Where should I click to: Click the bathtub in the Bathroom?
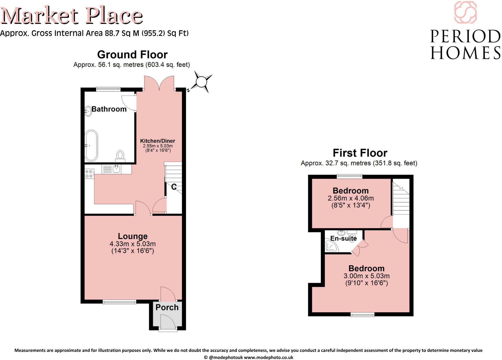coord(91,145)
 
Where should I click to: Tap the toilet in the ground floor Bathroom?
coord(120,156)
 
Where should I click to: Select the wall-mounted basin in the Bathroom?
coord(88,111)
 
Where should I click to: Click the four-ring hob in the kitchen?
coord(89,174)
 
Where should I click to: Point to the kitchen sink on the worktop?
coord(116,169)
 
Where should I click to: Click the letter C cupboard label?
coord(174,187)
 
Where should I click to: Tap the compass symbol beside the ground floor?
coord(201,82)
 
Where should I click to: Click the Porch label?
coord(167,307)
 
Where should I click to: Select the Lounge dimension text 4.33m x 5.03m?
coord(133,244)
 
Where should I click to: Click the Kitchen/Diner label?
coord(158,141)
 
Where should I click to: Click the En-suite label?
coord(343,238)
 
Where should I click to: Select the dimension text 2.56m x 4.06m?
coord(351,198)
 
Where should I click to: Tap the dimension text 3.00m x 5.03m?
coord(366,276)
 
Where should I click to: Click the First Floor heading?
coord(360,153)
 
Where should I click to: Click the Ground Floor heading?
coord(132,54)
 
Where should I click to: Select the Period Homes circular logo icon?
coord(465,12)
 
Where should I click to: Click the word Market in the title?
coord(39,16)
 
